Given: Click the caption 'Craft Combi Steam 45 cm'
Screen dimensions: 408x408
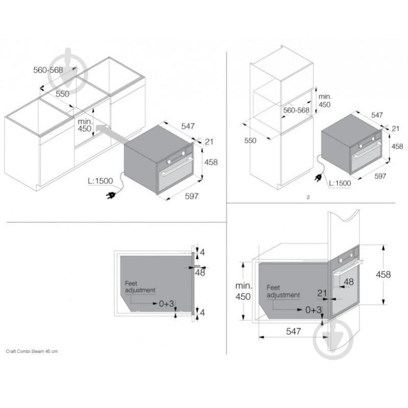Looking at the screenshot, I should pos(32,352).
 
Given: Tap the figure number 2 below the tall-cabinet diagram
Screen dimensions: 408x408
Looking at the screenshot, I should pos(308,196).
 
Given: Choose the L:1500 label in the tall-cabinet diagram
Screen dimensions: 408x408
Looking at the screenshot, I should pos(339,183).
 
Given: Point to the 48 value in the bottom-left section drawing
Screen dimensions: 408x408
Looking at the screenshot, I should pos(200,273).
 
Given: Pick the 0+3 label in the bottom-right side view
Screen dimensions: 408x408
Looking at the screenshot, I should pos(314,309).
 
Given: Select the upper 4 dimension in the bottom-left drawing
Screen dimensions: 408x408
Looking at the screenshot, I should pos(202,252).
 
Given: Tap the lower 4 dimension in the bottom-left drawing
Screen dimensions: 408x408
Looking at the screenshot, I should pos(202,313).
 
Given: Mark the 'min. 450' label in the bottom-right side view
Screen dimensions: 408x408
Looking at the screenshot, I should pos(243,291).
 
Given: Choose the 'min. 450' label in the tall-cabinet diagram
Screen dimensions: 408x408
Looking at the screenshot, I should pos(325,101).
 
